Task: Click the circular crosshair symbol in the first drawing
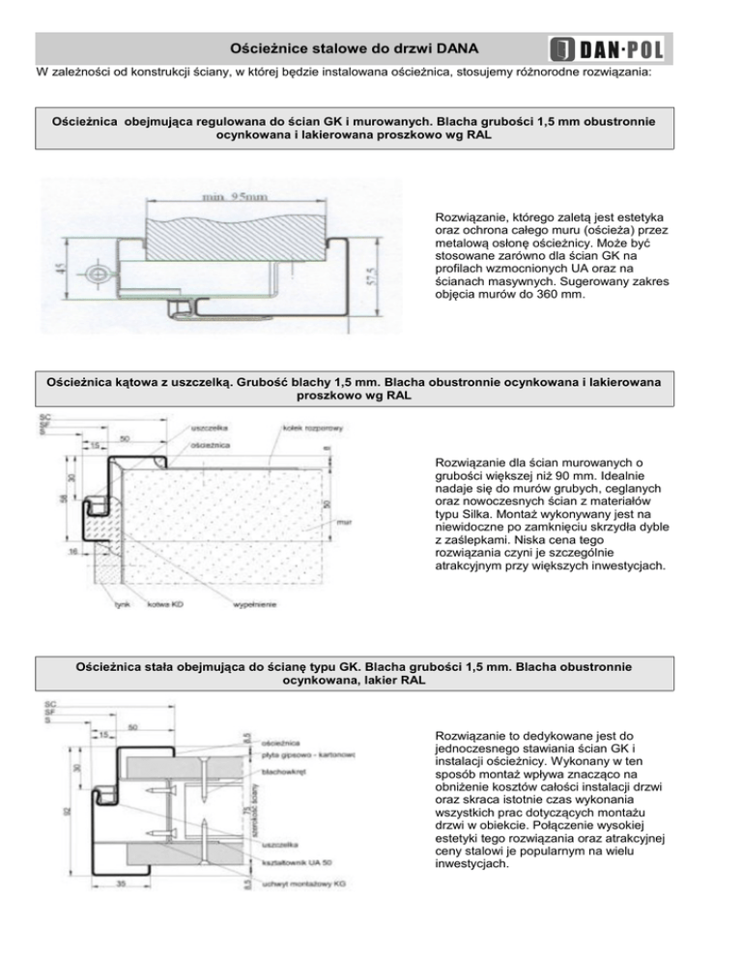98,274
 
